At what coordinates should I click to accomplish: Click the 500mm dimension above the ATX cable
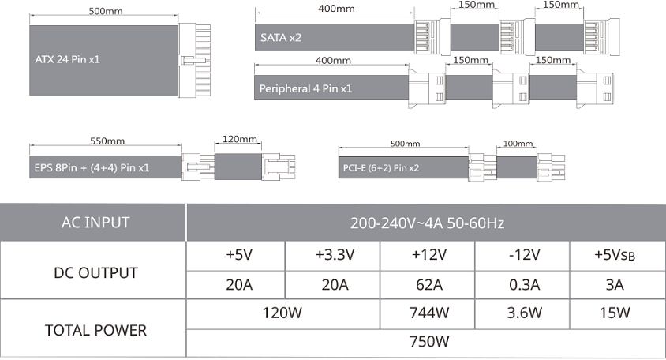[x=105, y=11]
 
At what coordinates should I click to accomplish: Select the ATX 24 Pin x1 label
[x=68, y=59]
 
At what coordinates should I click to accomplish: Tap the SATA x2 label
[x=281, y=38]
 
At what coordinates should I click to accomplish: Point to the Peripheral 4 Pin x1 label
[x=305, y=89]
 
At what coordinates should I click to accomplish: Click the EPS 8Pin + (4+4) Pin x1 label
[x=92, y=168]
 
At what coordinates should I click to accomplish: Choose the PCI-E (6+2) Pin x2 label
[x=381, y=168]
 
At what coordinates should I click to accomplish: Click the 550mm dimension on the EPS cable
[x=107, y=141]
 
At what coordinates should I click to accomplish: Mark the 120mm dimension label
[x=240, y=139]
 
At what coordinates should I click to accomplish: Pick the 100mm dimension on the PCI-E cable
[x=518, y=144]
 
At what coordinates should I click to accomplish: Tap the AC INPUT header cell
[x=95, y=223]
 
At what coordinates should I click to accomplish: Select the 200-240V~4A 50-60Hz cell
[x=427, y=223]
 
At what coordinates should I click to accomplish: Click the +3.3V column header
[x=335, y=255]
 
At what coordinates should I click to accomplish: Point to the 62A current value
[x=429, y=285]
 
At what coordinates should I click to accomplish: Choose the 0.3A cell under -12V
[x=524, y=285]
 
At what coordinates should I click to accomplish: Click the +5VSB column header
[x=615, y=255]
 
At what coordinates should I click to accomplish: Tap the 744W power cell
[x=429, y=313]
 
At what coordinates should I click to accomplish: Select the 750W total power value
[x=429, y=342]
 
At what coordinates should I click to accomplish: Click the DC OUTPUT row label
[x=96, y=273]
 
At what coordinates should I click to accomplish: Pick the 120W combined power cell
[x=282, y=313]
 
